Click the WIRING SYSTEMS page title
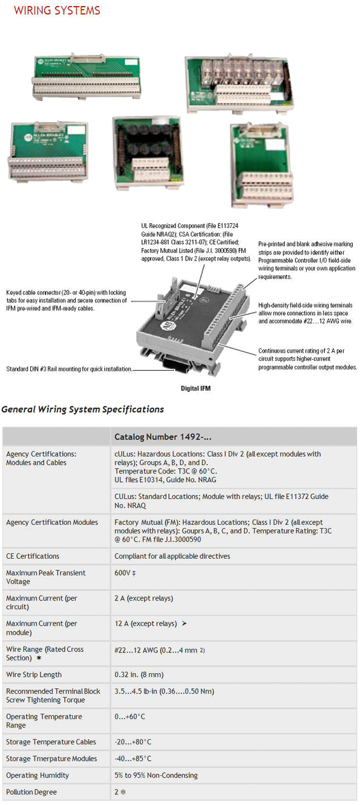pyautogui.click(x=57, y=10)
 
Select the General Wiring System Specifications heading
pyautogui.click(x=82, y=409)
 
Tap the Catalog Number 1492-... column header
pyautogui.click(x=163, y=437)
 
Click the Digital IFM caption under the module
pyautogui.click(x=195, y=388)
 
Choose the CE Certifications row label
pyautogui.click(x=33, y=556)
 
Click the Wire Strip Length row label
pyautogui.click(x=34, y=674)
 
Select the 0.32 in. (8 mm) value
pyautogui.click(x=139, y=674)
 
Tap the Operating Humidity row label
pyautogui.click(x=38, y=775)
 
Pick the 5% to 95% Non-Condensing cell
pyautogui.click(x=156, y=775)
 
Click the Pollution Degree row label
pyautogui.click(x=31, y=792)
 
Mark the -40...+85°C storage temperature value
pyautogui.click(x=133, y=758)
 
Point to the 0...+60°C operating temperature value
pyautogui.click(x=130, y=717)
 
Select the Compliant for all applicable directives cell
pyautogui.click(x=172, y=556)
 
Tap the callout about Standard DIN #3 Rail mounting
pyautogui.click(x=68, y=369)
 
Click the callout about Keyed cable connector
pyautogui.click(x=67, y=300)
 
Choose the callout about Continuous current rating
pyautogui.click(x=307, y=359)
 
